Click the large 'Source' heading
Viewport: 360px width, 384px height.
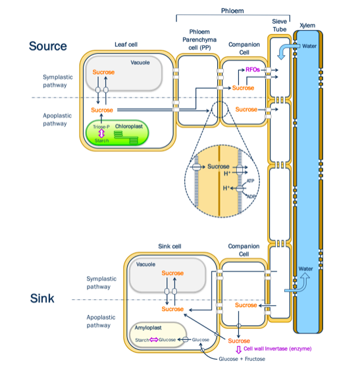click(47, 46)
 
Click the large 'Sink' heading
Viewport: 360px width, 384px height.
click(44, 299)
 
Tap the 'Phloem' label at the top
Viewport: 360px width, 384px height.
click(232, 11)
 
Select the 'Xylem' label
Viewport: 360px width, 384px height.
click(307, 26)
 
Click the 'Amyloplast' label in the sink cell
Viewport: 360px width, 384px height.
click(149, 326)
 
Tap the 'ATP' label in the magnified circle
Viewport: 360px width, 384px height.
click(250, 180)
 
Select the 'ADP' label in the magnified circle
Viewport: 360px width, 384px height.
click(251, 196)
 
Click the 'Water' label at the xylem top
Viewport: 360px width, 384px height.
click(309, 46)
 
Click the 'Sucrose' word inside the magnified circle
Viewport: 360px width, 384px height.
click(218, 166)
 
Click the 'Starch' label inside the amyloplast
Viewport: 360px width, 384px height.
click(141, 339)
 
